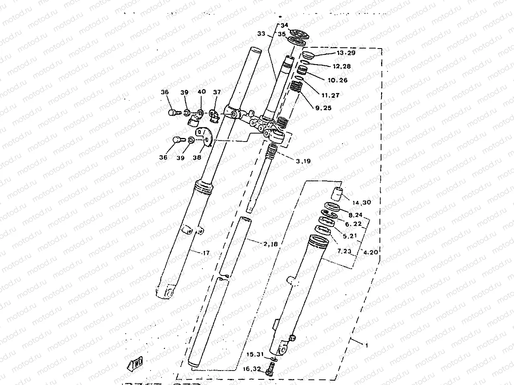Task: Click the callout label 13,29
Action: tap(346, 53)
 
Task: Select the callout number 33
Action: tap(261, 34)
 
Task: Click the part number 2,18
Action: tap(271, 243)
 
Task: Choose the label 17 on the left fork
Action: tap(206, 253)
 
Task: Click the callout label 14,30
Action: tap(362, 203)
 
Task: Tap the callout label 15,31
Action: tap(255, 355)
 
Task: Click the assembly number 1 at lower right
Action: tap(366, 344)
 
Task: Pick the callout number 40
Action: tap(202, 92)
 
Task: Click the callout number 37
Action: tap(217, 92)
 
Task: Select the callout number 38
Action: tap(197, 158)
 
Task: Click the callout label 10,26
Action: tap(337, 80)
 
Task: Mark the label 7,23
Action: tap(344, 252)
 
